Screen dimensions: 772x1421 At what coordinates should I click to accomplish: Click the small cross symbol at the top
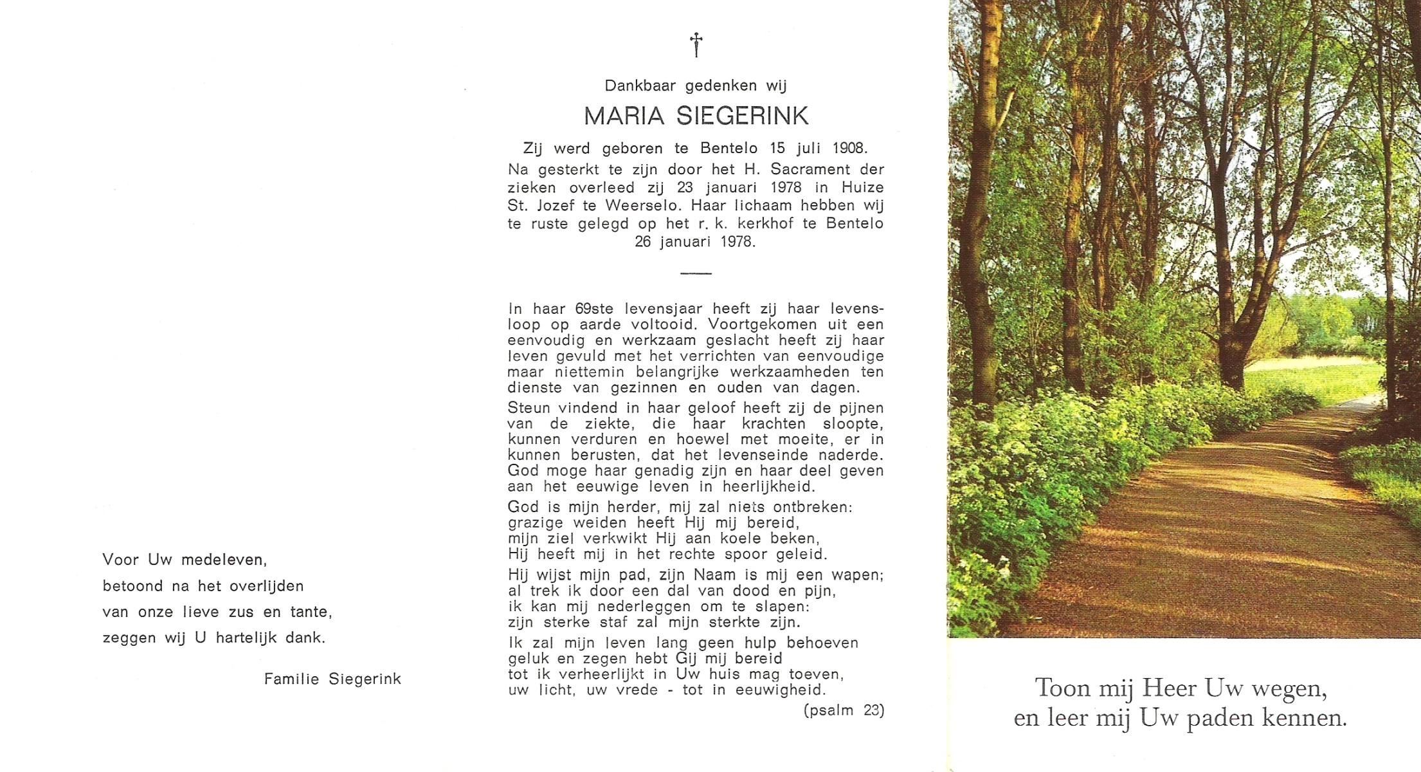(x=696, y=45)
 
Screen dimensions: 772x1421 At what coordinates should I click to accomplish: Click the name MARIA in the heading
(x=624, y=116)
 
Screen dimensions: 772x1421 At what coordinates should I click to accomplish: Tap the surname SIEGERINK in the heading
(x=743, y=116)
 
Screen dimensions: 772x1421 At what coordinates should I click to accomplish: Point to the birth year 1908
(x=849, y=149)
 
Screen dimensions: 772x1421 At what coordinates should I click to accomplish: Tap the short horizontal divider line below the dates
(x=696, y=273)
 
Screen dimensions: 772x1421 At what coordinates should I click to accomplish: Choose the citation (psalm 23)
(x=844, y=711)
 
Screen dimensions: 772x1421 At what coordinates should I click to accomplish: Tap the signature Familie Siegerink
(x=332, y=679)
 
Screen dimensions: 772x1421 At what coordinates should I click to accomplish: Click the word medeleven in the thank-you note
(x=224, y=560)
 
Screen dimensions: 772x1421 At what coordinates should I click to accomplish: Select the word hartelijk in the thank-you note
(x=246, y=638)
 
